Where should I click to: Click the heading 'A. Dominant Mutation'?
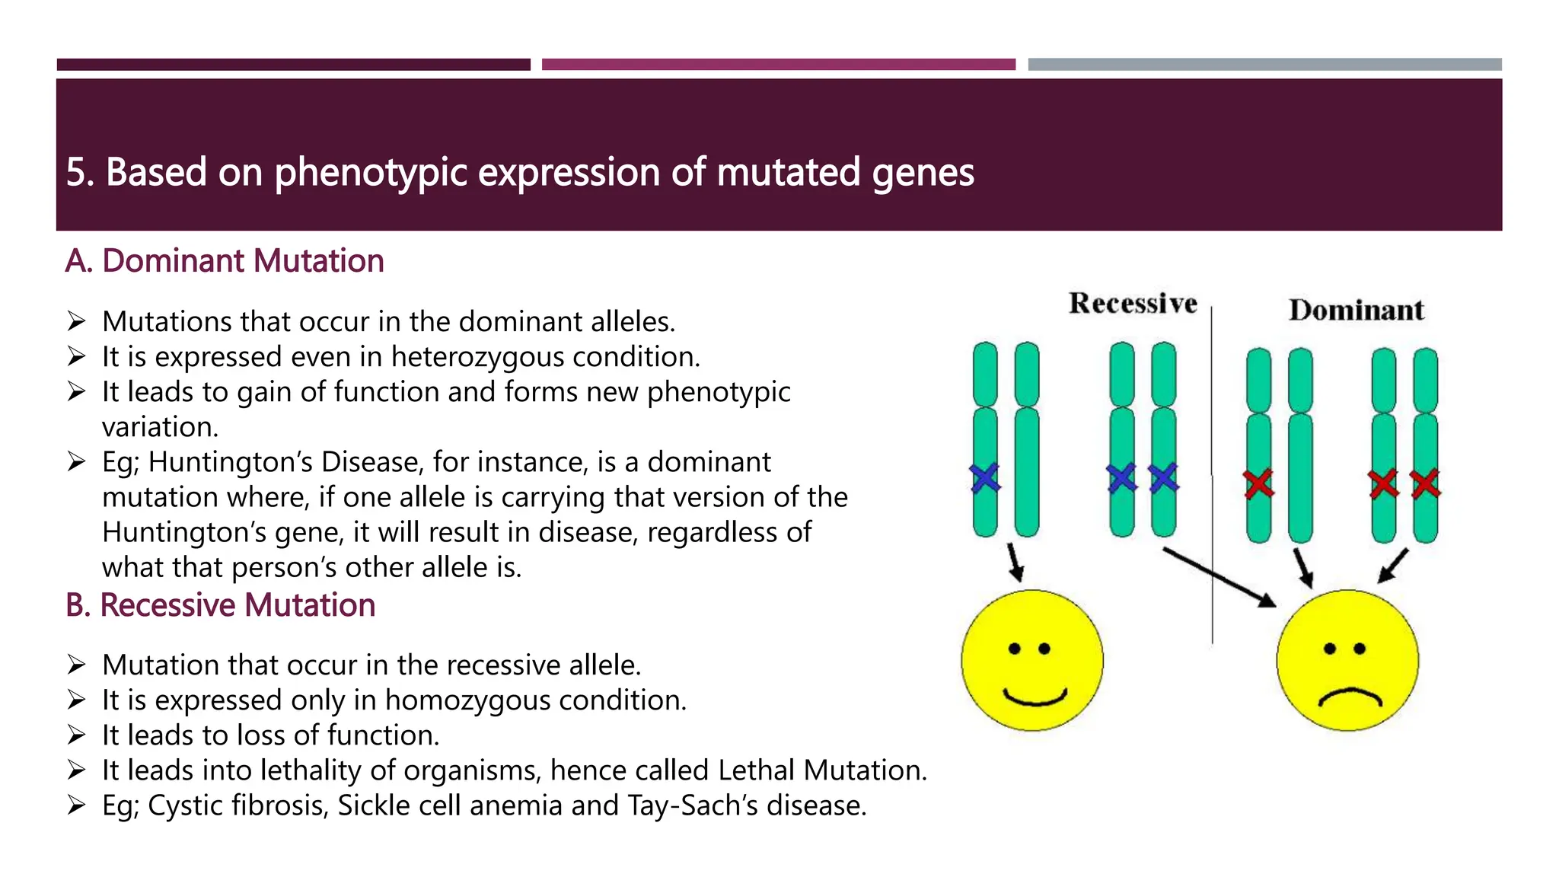pyautogui.click(x=225, y=261)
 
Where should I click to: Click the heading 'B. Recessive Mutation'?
pyautogui.click(x=221, y=606)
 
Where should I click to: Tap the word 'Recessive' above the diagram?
pyautogui.click(x=1133, y=304)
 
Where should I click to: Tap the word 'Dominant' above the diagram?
pyautogui.click(x=1356, y=311)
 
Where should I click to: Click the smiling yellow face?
pyautogui.click(x=1032, y=661)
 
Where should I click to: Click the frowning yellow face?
pyautogui.click(x=1347, y=661)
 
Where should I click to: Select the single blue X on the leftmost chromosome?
pyautogui.click(x=985, y=478)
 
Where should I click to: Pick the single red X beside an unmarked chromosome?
pyautogui.click(x=1258, y=483)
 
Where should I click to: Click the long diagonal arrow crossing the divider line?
pyautogui.click(x=1218, y=577)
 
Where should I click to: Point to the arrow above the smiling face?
pyautogui.click(x=1015, y=562)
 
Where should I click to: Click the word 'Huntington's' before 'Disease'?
pyautogui.click(x=231, y=463)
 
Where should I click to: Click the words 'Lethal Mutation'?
pyautogui.click(x=821, y=770)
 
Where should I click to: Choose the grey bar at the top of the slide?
pyautogui.click(x=1264, y=65)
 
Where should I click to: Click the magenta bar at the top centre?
pyautogui.click(x=778, y=65)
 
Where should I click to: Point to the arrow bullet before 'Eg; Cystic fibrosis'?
pyautogui.click(x=76, y=805)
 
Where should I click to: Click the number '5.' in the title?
pyautogui.click(x=80, y=173)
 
